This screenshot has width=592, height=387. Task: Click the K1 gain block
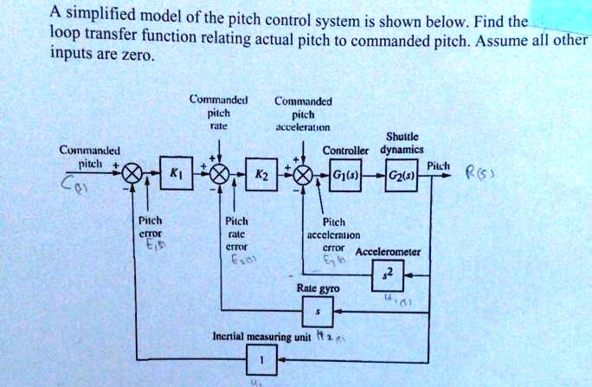(x=176, y=174)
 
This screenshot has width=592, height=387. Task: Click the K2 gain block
(x=260, y=175)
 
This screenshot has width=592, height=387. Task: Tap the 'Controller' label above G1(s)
(x=345, y=150)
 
